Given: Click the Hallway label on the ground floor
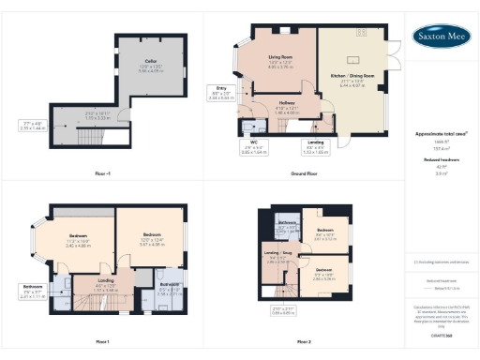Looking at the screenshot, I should pyautogui.click(x=287, y=110).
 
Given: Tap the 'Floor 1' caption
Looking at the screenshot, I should pyautogui.click(x=102, y=341).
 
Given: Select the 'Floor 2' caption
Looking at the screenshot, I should pyautogui.click(x=302, y=341).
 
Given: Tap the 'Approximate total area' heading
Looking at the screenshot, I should pyautogui.click(x=441, y=135).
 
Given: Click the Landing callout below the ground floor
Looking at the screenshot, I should pyautogui.click(x=316, y=146).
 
